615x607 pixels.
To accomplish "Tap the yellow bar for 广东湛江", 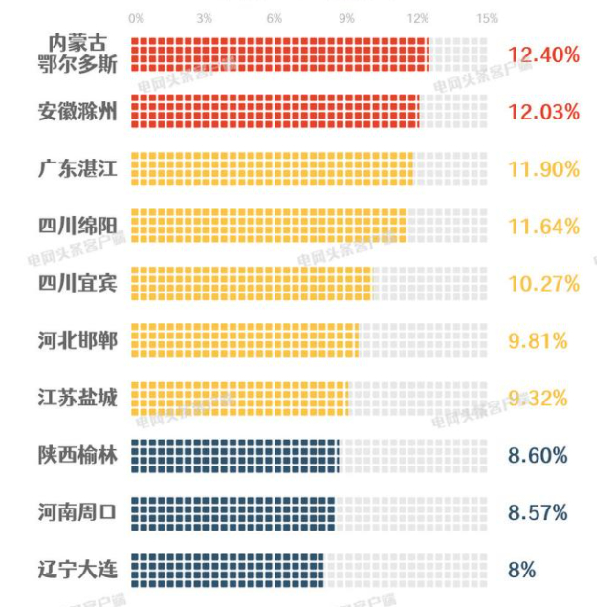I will pos(272,169).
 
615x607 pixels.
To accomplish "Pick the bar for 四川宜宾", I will pos(251,283).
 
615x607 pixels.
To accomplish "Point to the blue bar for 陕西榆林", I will pos(235,455).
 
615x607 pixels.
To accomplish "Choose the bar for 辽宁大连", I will pos(228,570).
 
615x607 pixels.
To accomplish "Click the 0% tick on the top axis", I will pos(136,19).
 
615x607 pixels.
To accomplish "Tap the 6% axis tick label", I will pos(275,19).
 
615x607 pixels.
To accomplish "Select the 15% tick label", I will pos(486,19).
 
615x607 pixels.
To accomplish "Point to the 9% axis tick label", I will pos(346,19).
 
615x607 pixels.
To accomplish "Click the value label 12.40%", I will pos(543,54).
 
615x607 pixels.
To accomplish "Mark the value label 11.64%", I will pos(543,227).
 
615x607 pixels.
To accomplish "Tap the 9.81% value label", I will pos(538,340).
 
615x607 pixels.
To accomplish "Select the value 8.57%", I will pos(538,512).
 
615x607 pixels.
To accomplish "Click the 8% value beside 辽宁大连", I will pos(522,570).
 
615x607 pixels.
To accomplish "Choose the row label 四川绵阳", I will pos(77,227).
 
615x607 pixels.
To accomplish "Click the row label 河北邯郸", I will pos(77,340).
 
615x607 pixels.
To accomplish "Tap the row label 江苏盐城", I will pos(77,398).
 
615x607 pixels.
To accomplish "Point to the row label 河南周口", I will pos(77,512).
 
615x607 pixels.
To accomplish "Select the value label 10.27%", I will pos(543,284).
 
